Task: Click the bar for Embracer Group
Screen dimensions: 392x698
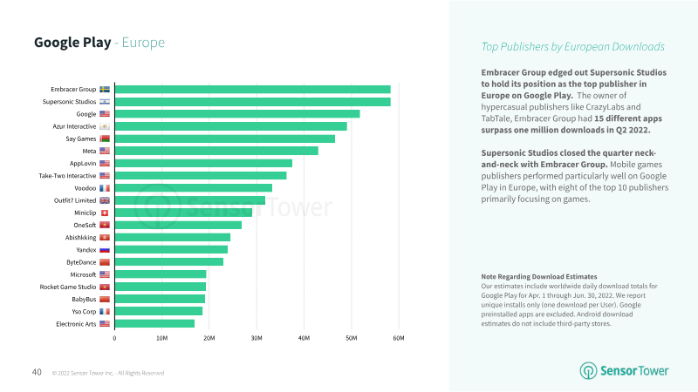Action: click(252, 89)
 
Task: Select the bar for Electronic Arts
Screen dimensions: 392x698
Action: click(154, 323)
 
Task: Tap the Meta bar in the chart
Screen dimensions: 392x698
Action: click(216, 151)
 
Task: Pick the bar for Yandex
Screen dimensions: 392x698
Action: click(171, 249)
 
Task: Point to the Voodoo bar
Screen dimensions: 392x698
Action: click(193, 187)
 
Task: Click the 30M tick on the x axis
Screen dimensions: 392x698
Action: click(257, 338)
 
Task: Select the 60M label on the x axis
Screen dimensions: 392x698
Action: click(398, 338)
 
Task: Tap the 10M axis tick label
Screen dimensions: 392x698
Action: click(161, 338)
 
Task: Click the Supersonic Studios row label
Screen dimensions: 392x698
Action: click(69, 102)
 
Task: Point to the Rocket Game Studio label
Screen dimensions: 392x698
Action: click(68, 287)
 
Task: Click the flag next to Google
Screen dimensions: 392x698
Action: click(105, 114)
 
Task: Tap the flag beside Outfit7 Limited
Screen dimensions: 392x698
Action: click(105, 200)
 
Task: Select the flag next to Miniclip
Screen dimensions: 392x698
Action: click(105, 213)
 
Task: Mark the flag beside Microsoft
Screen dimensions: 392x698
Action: click(105, 274)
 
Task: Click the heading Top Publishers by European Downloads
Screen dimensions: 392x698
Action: click(572, 46)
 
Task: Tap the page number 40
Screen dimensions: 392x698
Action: click(37, 372)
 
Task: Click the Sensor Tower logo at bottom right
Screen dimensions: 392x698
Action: click(625, 370)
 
